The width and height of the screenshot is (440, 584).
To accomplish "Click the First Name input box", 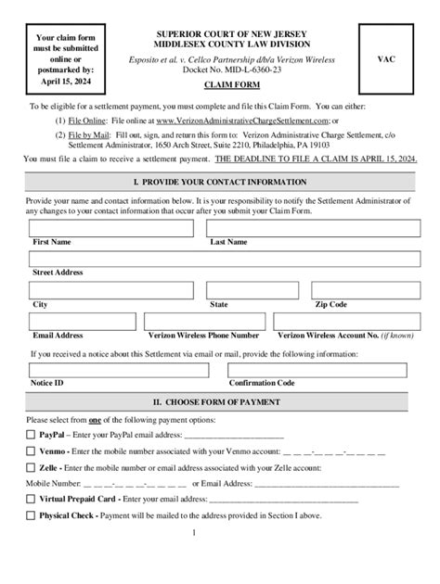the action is [x=115, y=228].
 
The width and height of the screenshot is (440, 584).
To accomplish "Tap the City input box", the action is [x=115, y=291].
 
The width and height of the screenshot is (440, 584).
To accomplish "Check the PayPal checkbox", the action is [x=32, y=434].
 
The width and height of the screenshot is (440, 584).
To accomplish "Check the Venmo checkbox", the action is [x=32, y=451].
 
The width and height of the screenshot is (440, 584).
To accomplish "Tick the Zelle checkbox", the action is [x=32, y=468].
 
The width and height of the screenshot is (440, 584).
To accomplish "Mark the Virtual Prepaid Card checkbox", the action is [x=32, y=499].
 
